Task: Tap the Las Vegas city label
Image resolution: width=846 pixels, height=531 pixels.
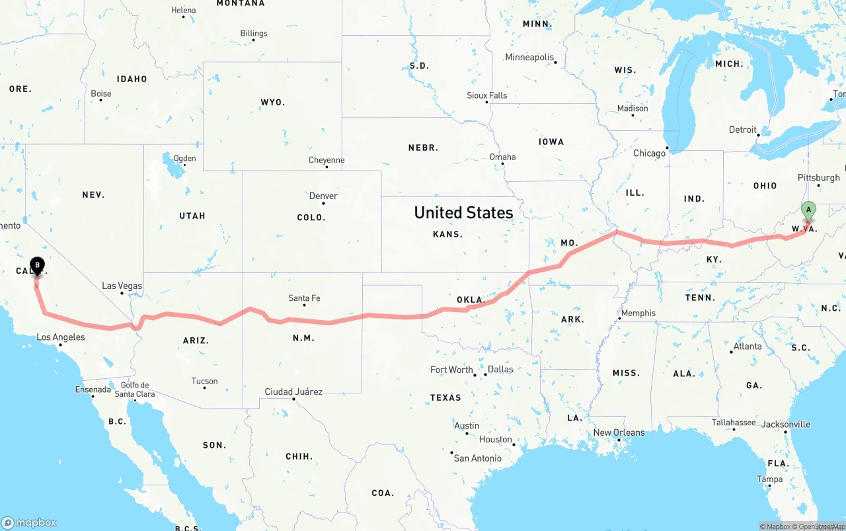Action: pos(122,286)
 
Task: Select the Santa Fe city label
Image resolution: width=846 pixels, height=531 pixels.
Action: pos(304,298)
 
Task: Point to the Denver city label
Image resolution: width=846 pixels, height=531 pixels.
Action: pos(323,196)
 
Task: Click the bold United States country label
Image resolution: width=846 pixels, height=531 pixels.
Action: pos(463,212)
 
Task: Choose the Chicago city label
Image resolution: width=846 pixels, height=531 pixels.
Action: pos(650,153)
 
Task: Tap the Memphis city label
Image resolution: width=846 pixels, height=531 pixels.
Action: pos(638,313)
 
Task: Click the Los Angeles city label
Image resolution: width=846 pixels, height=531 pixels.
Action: pos(61,337)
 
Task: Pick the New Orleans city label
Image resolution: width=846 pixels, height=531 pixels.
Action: pos(619,432)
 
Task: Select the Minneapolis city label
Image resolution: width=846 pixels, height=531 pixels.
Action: pos(529,58)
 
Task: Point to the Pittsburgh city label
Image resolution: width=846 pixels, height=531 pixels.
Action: pos(819,177)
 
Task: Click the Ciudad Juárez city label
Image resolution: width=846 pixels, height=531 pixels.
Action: pos(293,391)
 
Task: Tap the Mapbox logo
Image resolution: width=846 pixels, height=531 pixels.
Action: pos(29,522)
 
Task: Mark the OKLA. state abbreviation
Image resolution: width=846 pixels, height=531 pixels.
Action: pos(471,300)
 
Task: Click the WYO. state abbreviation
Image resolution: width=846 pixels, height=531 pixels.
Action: pos(273,102)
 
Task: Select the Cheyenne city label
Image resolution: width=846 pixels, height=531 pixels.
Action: pos(327,160)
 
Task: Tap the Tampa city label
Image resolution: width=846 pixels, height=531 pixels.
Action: pos(770,479)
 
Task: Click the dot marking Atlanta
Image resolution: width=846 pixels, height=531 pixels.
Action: pos(731,352)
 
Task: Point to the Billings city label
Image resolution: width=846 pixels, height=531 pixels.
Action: pos(254,33)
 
